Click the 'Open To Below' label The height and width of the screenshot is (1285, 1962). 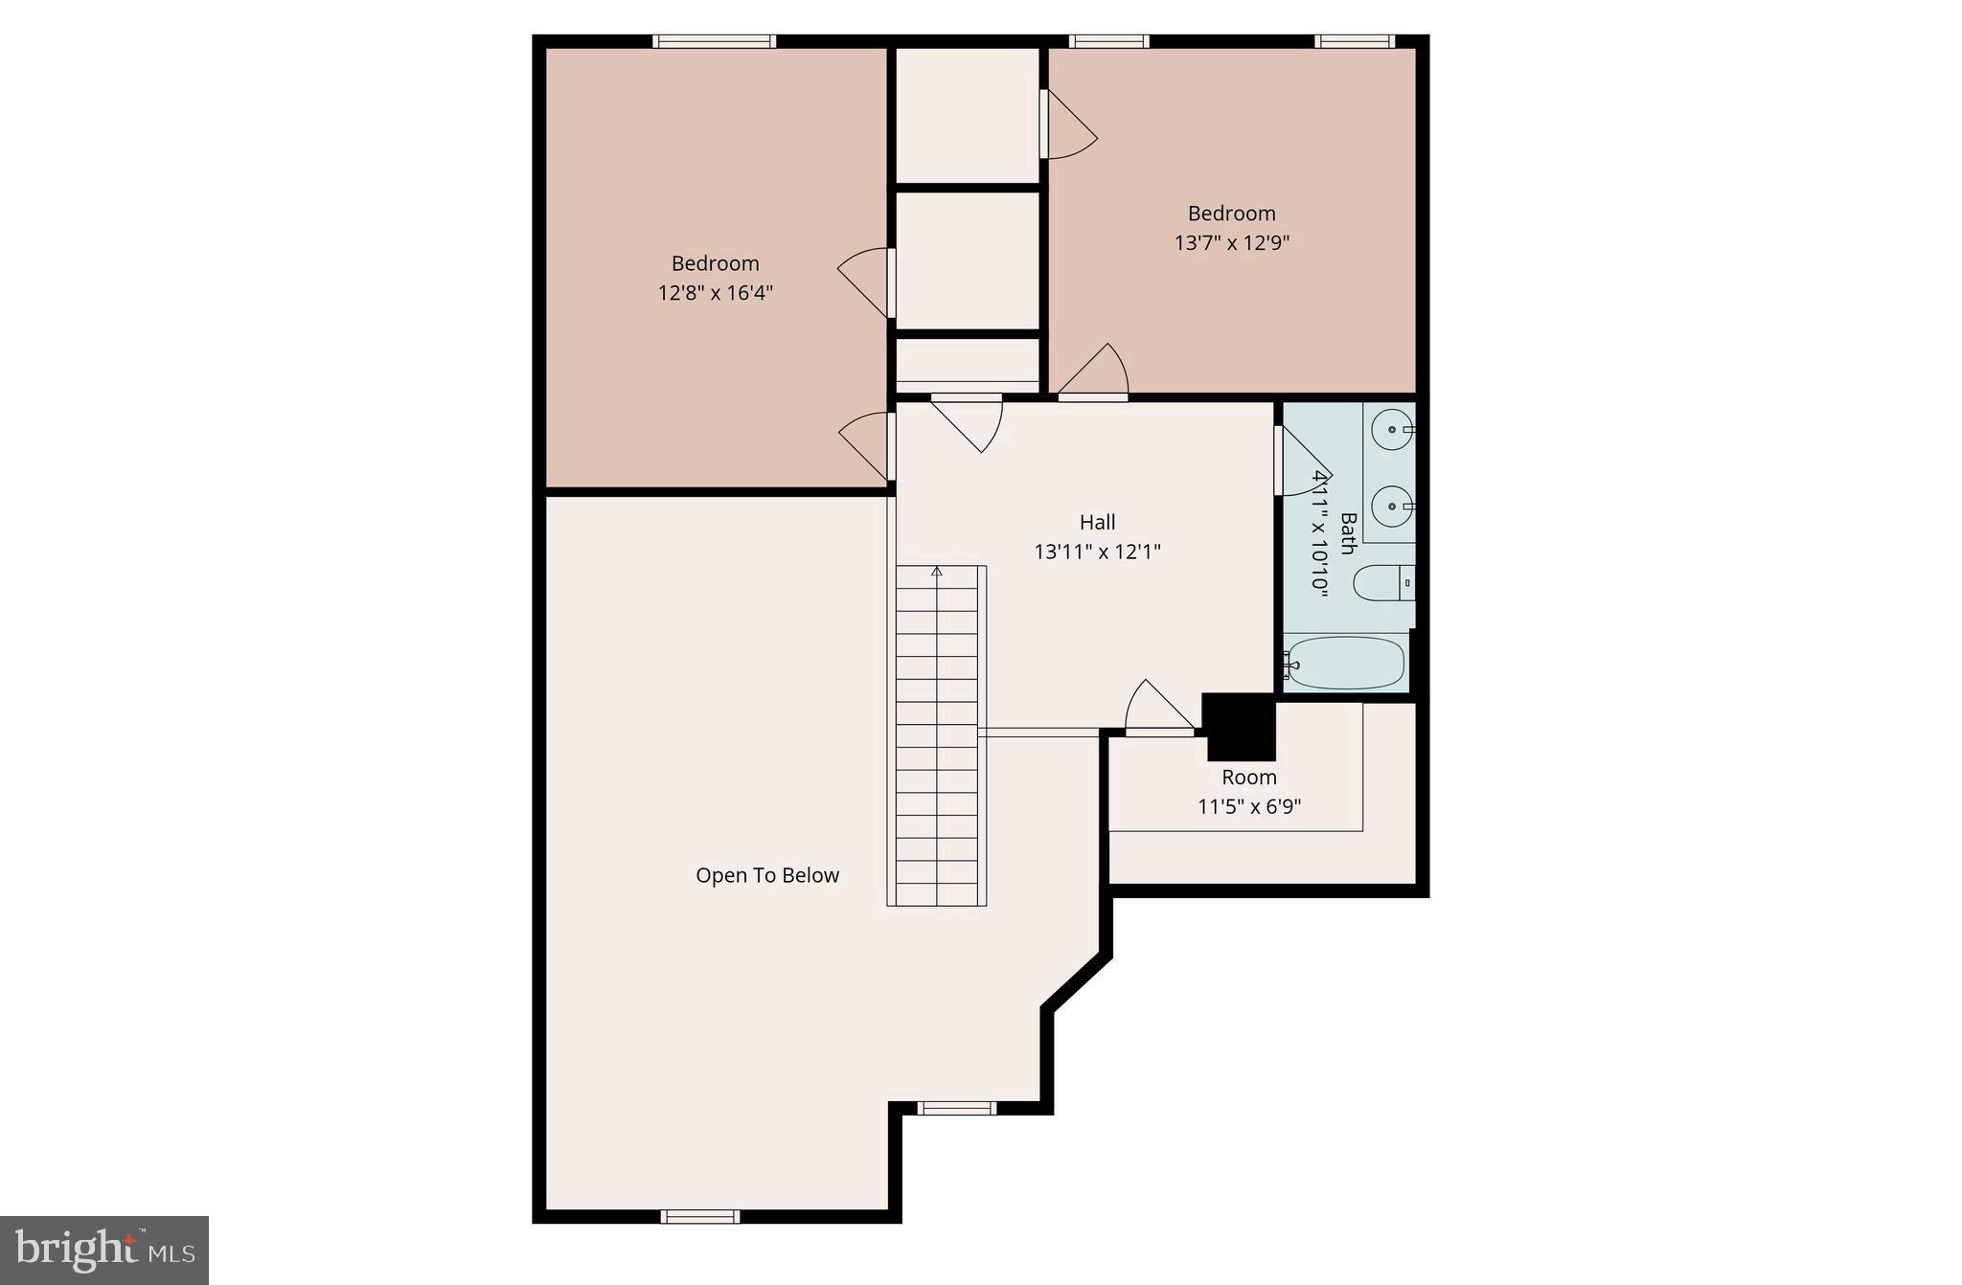(767, 875)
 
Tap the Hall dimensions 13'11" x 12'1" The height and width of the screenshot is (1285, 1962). (1097, 552)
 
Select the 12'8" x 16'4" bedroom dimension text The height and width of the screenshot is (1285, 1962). (715, 292)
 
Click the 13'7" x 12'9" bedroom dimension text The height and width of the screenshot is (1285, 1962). (1232, 242)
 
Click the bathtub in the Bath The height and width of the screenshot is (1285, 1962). (1346, 663)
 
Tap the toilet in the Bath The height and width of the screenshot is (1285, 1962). (1380, 582)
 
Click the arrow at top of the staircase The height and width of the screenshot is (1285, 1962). (937, 572)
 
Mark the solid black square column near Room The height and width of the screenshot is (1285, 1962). (1240, 726)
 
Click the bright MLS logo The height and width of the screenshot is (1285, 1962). (104, 1250)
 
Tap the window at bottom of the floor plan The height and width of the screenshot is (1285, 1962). (700, 1216)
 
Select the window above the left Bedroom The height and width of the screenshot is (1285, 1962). (714, 41)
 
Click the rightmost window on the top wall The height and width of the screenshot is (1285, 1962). (1354, 41)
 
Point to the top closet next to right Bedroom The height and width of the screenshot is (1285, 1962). (968, 115)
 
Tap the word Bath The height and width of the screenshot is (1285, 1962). (1347, 533)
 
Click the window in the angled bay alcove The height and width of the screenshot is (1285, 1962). (956, 1108)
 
